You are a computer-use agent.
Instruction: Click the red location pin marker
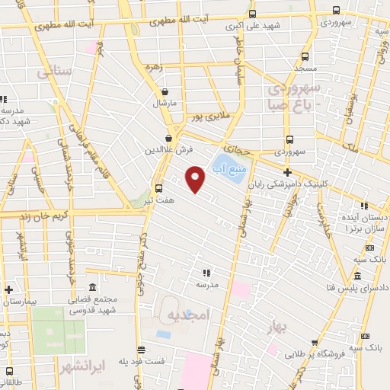tap(196, 179)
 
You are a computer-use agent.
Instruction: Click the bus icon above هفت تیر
tap(158, 188)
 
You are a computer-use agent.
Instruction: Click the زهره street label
tap(154, 66)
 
